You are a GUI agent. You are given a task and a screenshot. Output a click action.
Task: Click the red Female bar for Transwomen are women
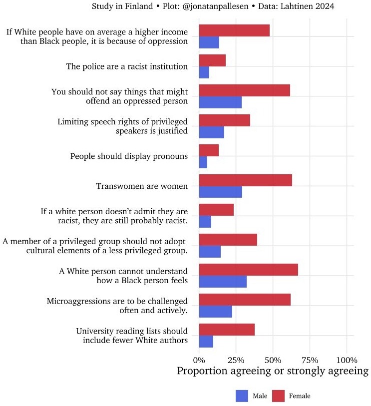tap(245, 180)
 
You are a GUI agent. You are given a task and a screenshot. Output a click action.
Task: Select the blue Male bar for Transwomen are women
tap(220, 192)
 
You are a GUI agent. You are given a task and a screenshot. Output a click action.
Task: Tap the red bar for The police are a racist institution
tap(212, 60)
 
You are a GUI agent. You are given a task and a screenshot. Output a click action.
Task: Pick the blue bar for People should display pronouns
tap(203, 162)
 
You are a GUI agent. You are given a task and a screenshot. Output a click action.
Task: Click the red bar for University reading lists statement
tap(227, 330)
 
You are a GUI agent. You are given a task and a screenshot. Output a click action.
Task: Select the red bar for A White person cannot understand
tap(248, 270)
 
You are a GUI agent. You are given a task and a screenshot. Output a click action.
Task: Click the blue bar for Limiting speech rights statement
tap(211, 132)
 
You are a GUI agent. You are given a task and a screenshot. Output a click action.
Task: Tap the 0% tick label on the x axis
tap(199, 360)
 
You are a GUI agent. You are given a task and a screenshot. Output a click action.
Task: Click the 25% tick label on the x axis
tap(236, 360)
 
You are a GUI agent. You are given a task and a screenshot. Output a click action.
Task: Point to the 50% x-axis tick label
tap(273, 360)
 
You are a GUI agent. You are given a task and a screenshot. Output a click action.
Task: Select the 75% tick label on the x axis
tap(310, 360)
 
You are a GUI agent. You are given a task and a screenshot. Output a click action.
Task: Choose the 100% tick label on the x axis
tap(347, 360)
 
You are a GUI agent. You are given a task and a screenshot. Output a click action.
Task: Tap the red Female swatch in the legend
tap(278, 396)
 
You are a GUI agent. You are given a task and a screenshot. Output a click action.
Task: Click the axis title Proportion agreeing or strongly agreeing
tap(273, 372)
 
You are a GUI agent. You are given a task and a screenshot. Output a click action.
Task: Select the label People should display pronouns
tap(129, 156)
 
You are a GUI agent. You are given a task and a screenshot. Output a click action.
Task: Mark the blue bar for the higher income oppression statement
tap(209, 42)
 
